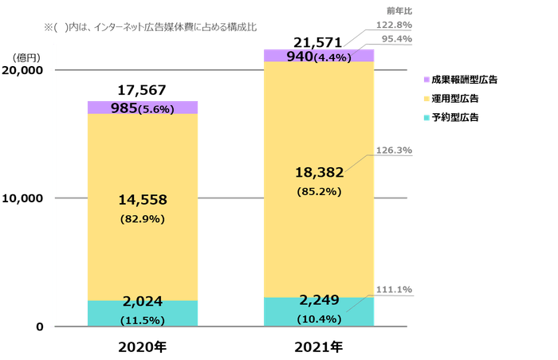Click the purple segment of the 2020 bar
tap(104, 108)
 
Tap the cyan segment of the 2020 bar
tap(104, 313)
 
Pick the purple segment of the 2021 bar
tap(279, 56)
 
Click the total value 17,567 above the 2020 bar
tap(143, 90)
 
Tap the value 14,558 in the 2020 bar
tap(143, 199)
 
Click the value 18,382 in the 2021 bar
tap(319, 173)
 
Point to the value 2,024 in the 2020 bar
tap(143, 301)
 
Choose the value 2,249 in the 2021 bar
tap(319, 300)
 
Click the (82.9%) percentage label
tap(143, 219)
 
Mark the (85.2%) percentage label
tap(319, 192)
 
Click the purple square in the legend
tap(426, 80)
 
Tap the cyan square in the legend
tap(426, 117)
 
